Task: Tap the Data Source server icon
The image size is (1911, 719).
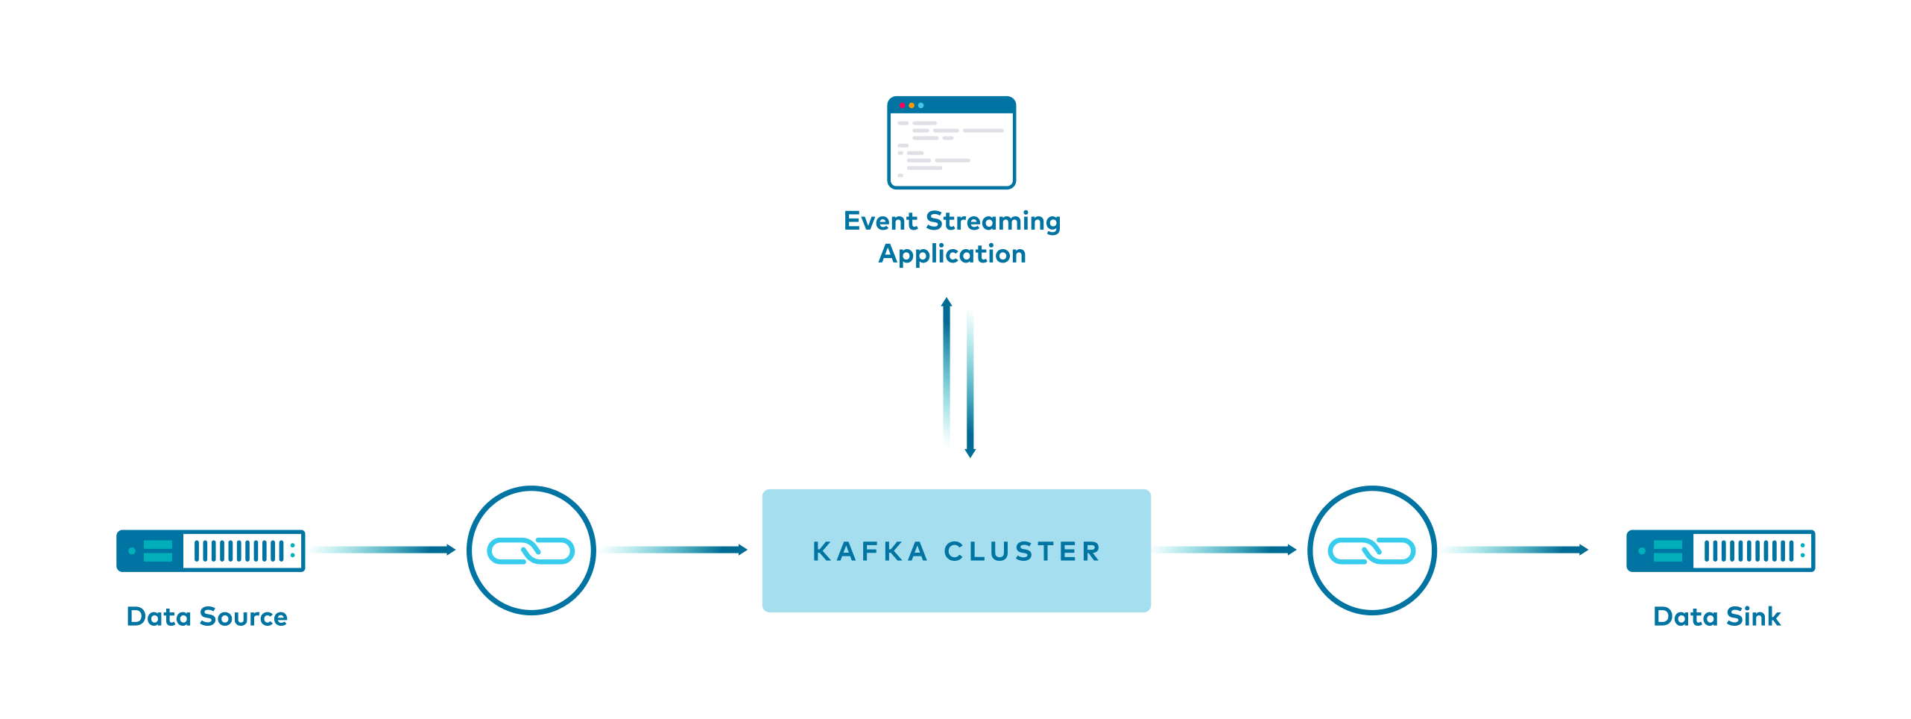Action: [210, 550]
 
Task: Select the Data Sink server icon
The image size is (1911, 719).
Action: [1720, 550]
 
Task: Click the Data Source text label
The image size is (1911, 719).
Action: [206, 617]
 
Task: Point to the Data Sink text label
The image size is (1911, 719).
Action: [1716, 617]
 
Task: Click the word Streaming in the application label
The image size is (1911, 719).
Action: [993, 222]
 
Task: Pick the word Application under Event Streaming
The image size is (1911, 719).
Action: [952, 254]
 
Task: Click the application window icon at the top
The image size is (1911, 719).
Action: [951, 142]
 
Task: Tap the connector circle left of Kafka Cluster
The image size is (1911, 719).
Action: [531, 550]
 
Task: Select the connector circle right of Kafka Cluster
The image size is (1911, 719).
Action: [1371, 550]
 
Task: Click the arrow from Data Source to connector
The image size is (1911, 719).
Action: [384, 550]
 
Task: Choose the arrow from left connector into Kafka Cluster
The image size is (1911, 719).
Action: [675, 550]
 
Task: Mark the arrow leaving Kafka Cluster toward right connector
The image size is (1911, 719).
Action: [1225, 550]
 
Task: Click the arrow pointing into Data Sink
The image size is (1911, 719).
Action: [1516, 550]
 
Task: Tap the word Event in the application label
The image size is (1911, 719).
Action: [880, 222]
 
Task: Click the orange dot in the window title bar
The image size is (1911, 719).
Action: [912, 105]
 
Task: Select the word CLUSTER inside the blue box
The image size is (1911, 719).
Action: [1022, 552]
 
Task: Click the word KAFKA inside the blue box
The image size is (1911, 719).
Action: [870, 552]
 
